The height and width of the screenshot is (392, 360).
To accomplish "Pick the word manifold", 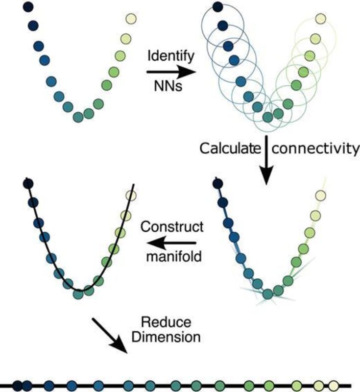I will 171,255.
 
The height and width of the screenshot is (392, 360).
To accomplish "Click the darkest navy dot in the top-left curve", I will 28,7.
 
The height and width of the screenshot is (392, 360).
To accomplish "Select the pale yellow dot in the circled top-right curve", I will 320,19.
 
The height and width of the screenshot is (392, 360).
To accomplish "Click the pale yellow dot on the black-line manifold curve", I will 131,196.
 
